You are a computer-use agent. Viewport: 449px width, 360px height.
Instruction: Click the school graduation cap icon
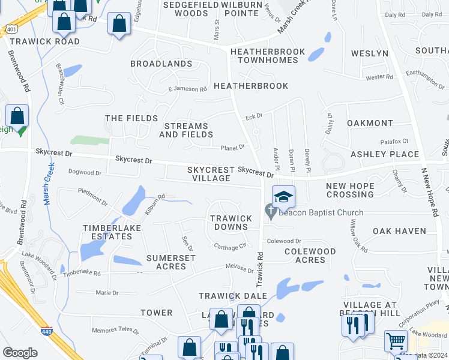point(284,196)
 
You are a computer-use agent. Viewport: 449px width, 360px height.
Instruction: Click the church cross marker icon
point(270,212)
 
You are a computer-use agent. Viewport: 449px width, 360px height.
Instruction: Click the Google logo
point(20,353)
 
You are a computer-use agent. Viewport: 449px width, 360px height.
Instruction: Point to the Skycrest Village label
point(209,174)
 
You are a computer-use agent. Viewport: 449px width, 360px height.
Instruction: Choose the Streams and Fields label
point(186,131)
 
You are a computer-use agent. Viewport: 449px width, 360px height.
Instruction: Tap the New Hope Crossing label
point(350,190)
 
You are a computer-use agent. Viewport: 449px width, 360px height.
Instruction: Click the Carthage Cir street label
point(231,246)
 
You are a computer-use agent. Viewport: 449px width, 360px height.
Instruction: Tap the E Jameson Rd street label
point(187,89)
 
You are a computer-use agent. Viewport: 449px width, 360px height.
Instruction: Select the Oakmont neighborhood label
point(370,123)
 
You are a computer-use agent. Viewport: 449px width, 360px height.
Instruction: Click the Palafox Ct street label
point(394,142)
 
